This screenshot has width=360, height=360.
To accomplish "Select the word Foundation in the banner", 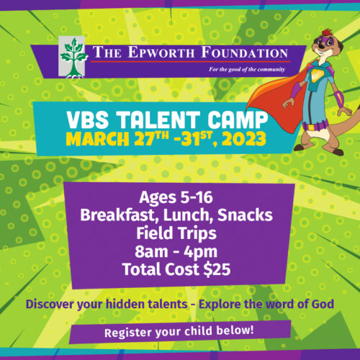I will tap(235, 53).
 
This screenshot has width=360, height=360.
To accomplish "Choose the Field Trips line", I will tap(179, 233).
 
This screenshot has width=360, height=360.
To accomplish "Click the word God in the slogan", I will tap(323, 305).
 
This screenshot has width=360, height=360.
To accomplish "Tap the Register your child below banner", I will tap(179, 333).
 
